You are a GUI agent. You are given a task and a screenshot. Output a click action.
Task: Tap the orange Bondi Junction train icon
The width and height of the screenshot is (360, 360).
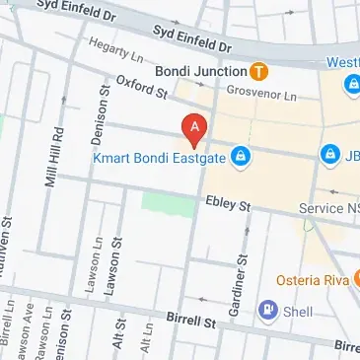258,71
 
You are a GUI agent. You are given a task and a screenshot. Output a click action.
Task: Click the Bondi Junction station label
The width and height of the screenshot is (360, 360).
200,71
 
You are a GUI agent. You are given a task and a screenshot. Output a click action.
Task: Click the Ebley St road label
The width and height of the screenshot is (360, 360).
229,204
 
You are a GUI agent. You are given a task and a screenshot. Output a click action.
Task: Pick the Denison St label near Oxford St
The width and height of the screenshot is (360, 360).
103,104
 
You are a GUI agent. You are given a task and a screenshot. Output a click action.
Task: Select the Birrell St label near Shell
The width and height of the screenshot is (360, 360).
190,322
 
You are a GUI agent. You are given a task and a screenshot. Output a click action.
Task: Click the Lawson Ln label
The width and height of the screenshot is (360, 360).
92,260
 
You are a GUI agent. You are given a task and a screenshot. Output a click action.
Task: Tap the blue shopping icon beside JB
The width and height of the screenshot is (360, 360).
329,156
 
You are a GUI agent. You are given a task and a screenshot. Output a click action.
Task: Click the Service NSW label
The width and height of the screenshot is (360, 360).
329,209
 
